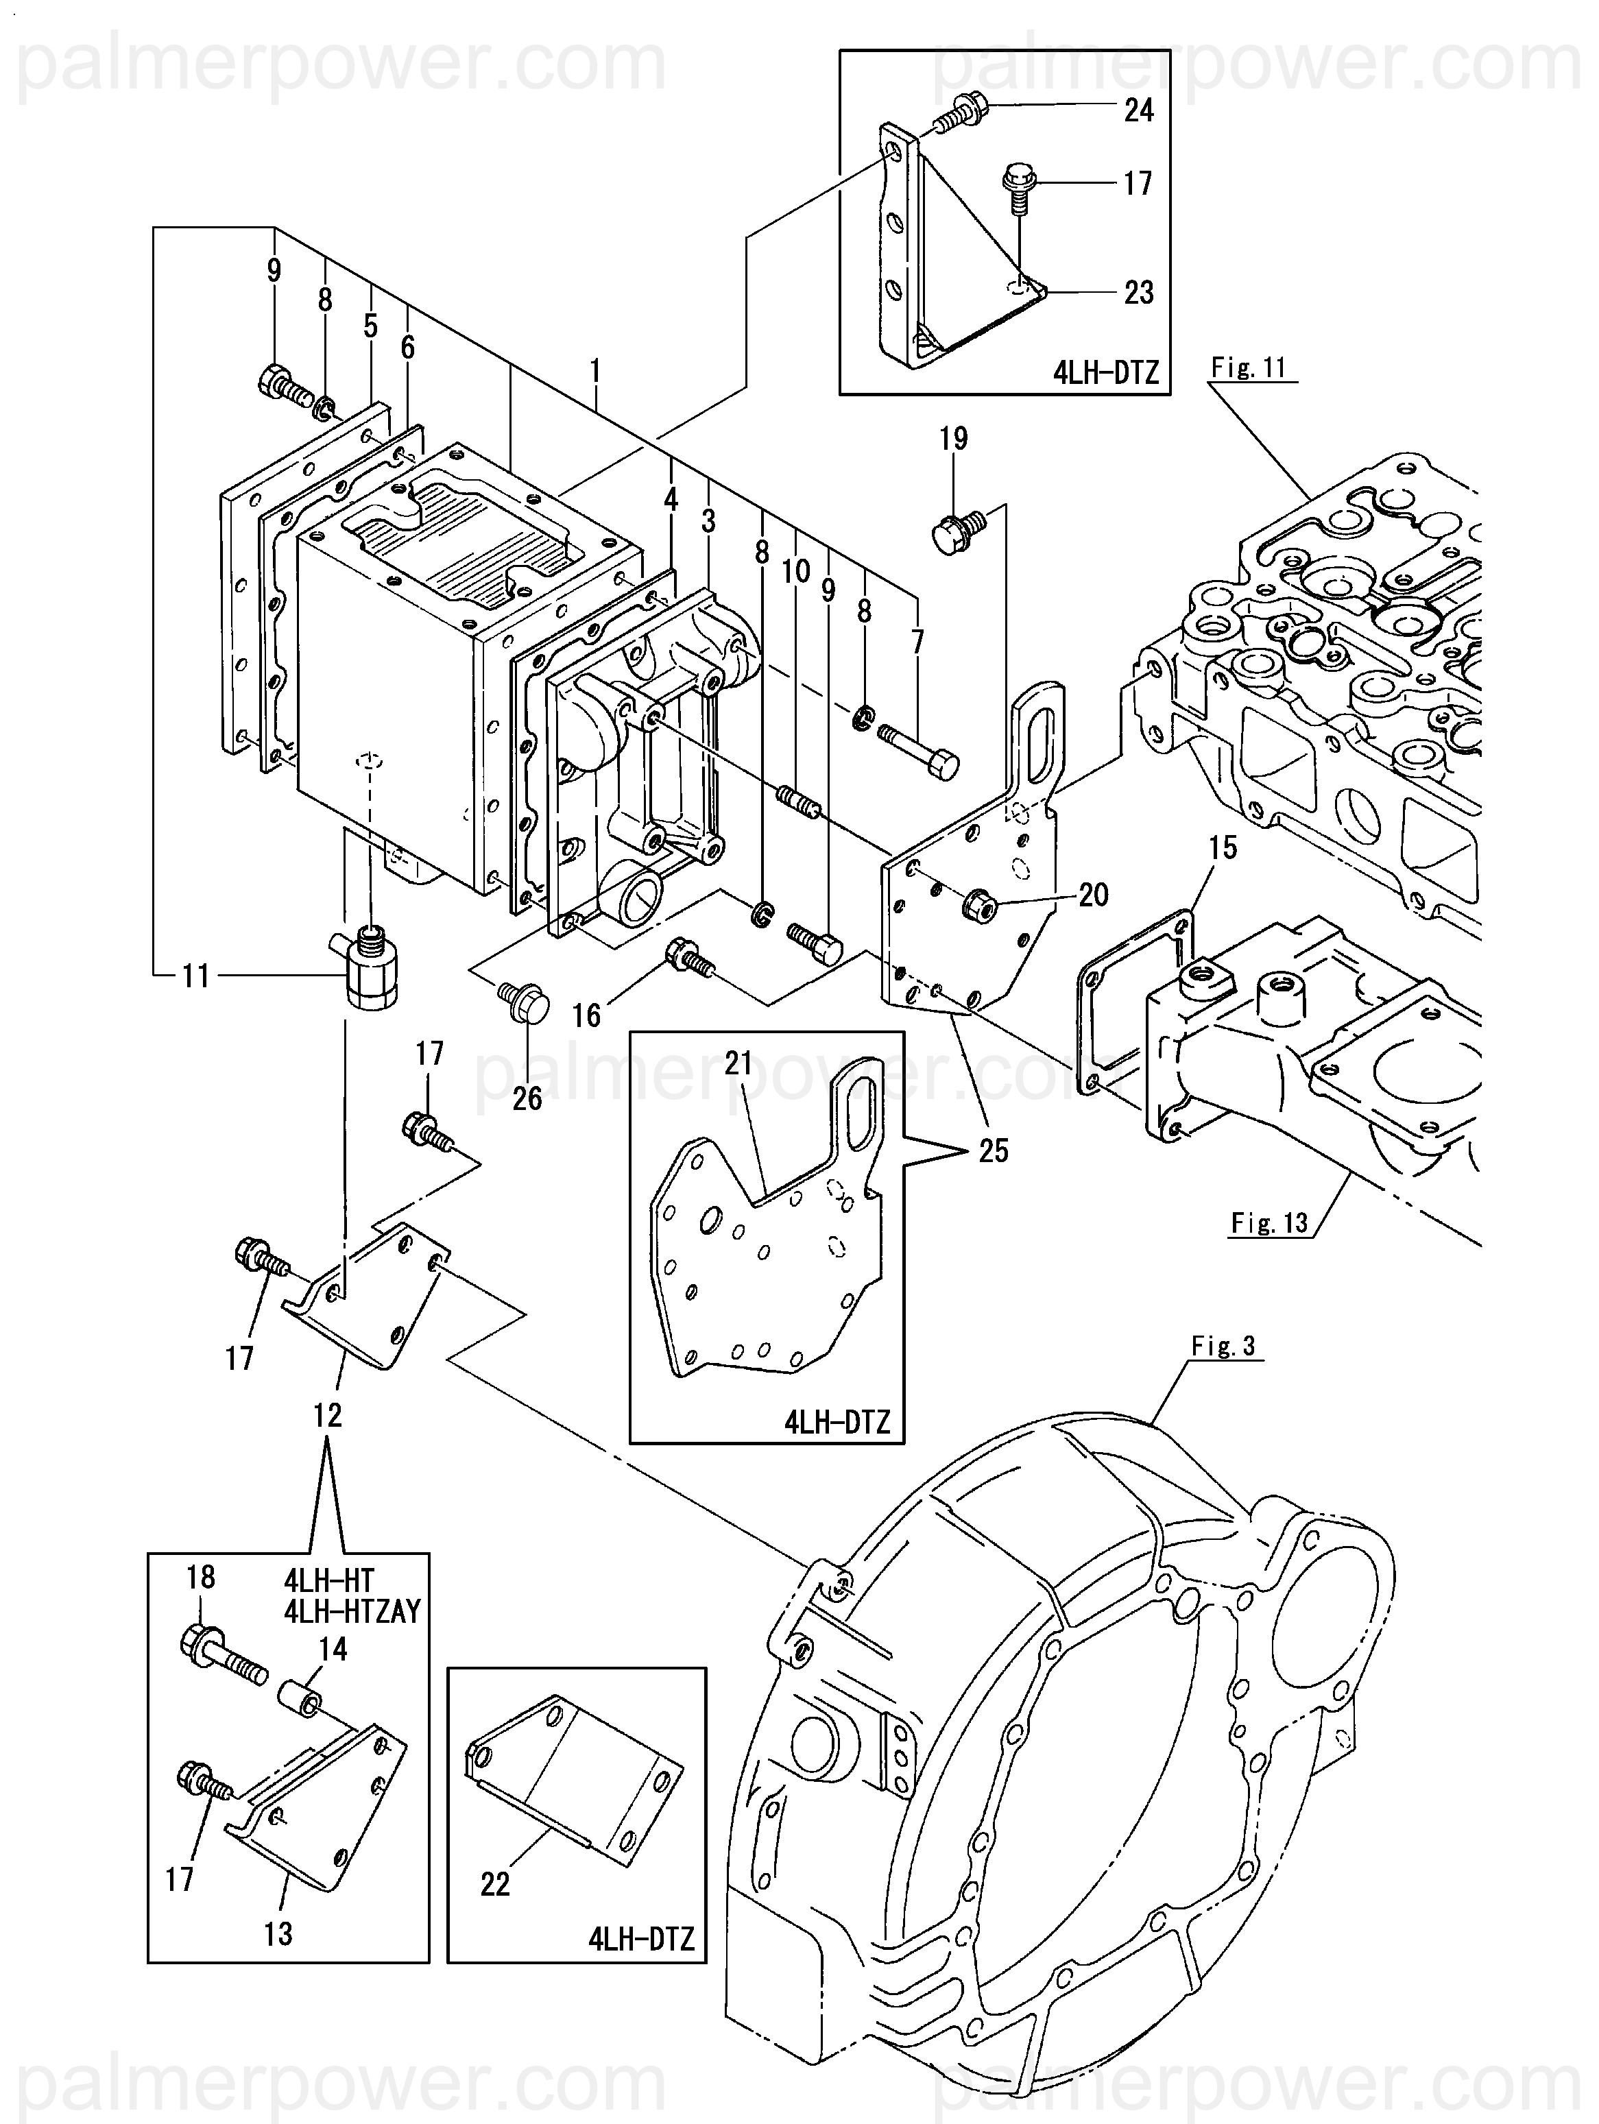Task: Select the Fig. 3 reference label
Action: point(1223,1347)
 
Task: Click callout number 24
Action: point(1138,110)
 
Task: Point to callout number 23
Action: point(1138,292)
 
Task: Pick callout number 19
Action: point(952,439)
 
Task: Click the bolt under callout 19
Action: point(957,530)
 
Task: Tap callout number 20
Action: point(1094,895)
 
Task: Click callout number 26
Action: point(527,1098)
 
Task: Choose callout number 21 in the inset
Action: point(738,1063)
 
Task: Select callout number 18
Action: point(200,1577)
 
